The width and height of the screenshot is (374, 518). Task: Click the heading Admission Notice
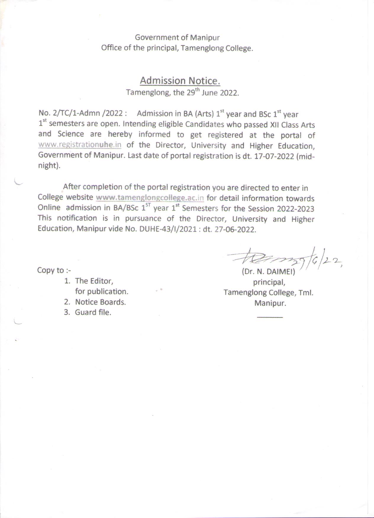[x=180, y=81]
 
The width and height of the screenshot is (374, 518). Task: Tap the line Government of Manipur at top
[x=177, y=38]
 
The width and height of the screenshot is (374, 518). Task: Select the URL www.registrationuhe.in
[x=80, y=145]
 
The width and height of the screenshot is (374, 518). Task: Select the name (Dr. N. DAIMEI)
[x=268, y=271]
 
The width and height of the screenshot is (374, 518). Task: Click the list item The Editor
[x=94, y=281]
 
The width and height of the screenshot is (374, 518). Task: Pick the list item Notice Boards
[x=100, y=302]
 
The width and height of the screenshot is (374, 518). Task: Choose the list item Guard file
[x=93, y=312]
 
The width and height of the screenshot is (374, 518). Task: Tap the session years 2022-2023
[x=295, y=209]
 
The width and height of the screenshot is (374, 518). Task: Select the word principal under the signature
[x=269, y=282]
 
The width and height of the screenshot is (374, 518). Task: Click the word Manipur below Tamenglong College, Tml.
[x=270, y=303]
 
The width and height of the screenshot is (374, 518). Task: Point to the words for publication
[x=101, y=291]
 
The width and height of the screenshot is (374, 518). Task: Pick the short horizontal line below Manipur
[x=270, y=317]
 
